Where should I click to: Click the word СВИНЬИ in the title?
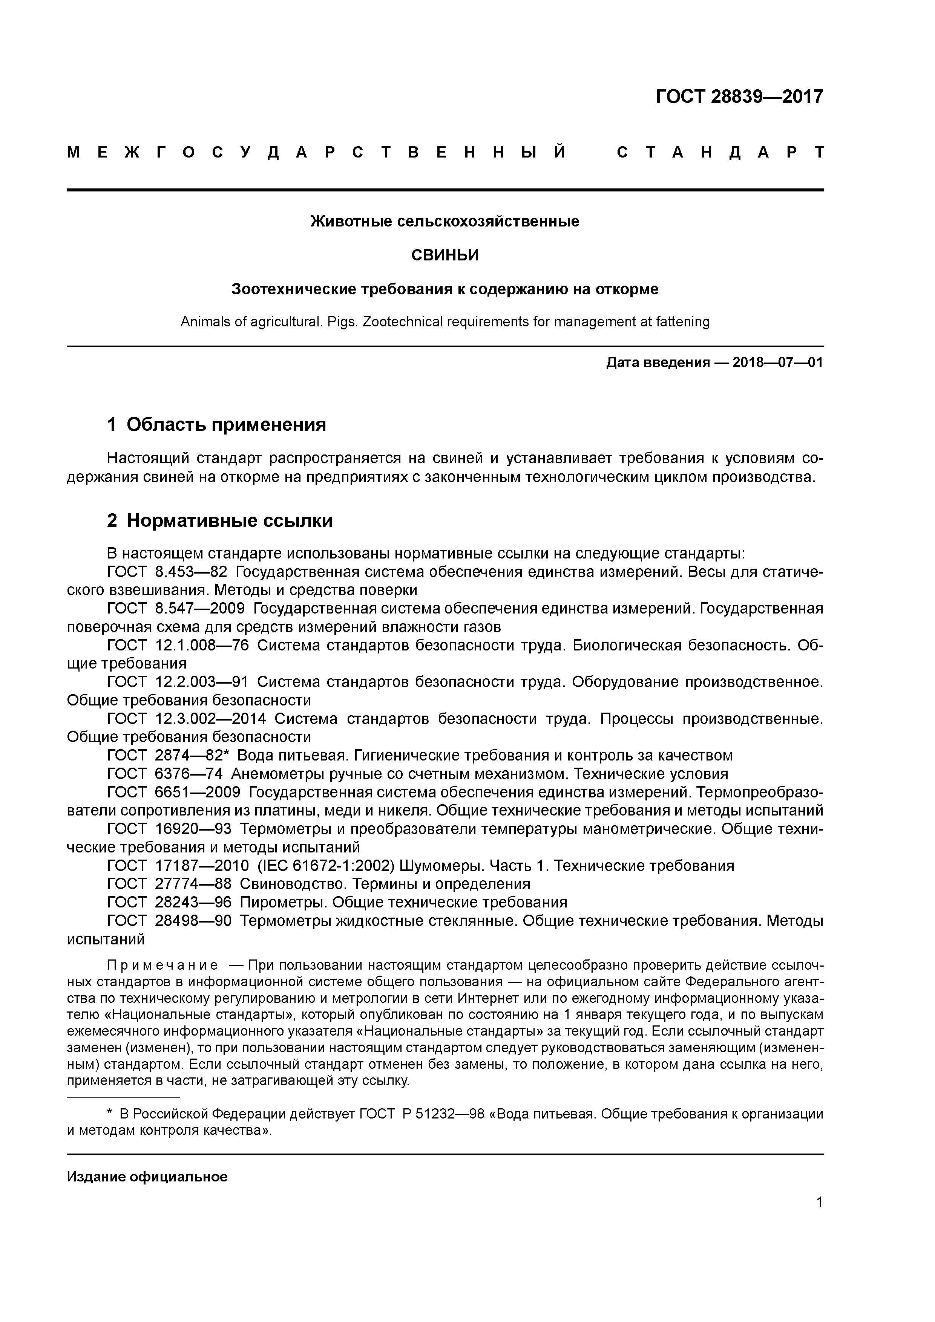tap(445, 255)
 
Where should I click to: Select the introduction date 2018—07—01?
tap(778, 363)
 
